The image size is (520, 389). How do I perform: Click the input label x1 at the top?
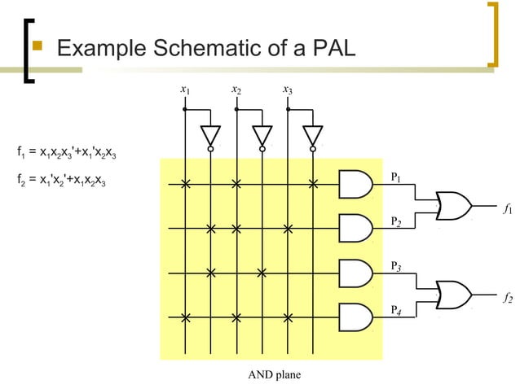pyautogui.click(x=185, y=90)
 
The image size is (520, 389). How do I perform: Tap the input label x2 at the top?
pyautogui.click(x=236, y=90)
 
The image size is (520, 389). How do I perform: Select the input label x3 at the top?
pyautogui.click(x=287, y=90)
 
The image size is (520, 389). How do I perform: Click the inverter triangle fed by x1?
pyautogui.click(x=210, y=135)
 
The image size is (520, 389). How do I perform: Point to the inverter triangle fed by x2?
pyautogui.click(x=262, y=135)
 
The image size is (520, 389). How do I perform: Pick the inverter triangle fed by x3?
pyautogui.click(x=313, y=135)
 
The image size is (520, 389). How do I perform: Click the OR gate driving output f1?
pyautogui.click(x=454, y=207)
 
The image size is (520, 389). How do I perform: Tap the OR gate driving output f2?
pyautogui.click(x=454, y=295)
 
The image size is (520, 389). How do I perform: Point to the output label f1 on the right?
pyautogui.click(x=507, y=210)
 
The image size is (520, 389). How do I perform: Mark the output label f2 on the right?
pyautogui.click(x=507, y=299)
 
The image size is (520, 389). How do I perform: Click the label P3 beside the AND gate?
pyautogui.click(x=396, y=266)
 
